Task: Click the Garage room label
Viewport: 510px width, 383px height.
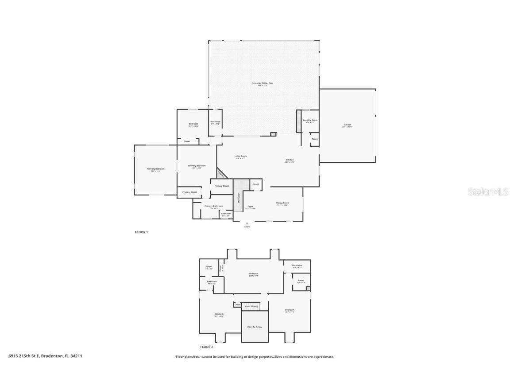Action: (x=347, y=125)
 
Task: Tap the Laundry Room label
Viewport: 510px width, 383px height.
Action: (x=310, y=120)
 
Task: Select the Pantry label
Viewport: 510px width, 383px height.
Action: (x=315, y=139)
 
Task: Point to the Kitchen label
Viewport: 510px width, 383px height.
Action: (x=290, y=160)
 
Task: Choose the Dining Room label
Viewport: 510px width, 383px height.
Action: (x=282, y=203)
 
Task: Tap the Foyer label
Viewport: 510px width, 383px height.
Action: (x=251, y=207)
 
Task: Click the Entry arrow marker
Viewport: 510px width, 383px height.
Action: (x=247, y=223)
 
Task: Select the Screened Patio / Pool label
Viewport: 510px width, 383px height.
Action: (x=263, y=83)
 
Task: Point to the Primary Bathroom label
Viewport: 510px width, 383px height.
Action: (x=213, y=206)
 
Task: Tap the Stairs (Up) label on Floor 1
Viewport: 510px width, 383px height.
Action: (x=239, y=199)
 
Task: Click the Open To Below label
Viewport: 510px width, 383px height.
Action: (x=255, y=327)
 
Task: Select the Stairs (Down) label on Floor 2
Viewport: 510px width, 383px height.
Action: (x=251, y=306)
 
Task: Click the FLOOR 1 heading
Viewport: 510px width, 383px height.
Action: (x=141, y=232)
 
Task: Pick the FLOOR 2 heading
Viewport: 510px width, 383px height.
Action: (x=206, y=347)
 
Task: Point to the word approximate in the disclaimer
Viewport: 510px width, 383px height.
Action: (x=323, y=356)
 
